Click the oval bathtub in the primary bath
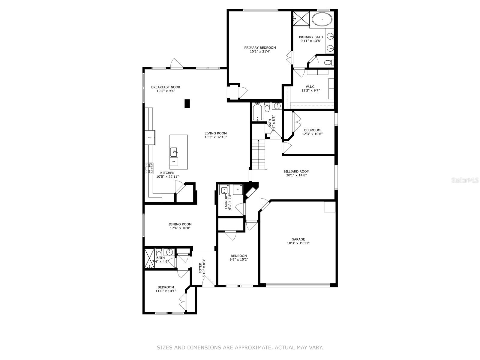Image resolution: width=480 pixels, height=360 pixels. click(322, 19)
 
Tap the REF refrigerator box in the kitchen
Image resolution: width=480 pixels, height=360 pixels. click(150, 137)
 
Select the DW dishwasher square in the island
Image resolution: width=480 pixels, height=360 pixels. click(174, 162)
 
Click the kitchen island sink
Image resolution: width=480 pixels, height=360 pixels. click(174, 152)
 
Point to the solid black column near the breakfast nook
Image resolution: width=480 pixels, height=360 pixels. click(187, 103)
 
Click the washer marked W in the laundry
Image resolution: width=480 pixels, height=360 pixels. click(224, 190)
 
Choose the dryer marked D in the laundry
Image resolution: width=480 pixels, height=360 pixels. click(238, 190)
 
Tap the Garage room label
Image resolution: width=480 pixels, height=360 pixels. click(298, 239)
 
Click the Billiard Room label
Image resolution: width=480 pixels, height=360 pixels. click(296, 172)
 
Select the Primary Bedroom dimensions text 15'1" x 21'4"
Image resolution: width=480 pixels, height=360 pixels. click(260, 52)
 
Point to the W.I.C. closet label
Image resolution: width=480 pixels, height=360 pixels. click(310, 87)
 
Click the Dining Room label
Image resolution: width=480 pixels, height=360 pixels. click(180, 224)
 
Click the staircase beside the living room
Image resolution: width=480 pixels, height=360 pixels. click(259, 154)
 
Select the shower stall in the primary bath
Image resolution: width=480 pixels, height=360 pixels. click(301, 19)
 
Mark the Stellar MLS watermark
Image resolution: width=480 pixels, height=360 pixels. click(465, 180)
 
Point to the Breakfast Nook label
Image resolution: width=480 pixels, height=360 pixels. click(166, 87)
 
